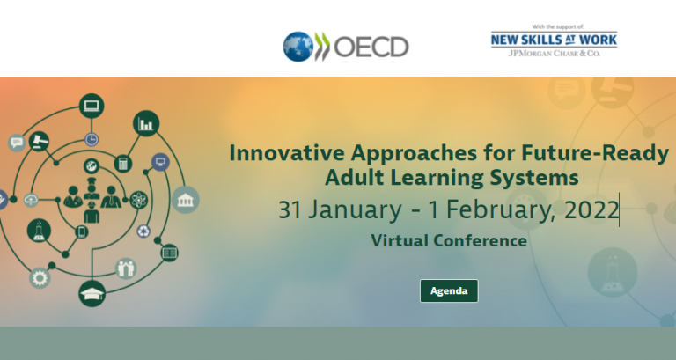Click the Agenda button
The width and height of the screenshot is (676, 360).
coord(449,291)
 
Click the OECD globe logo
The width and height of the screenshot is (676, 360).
coord(298,47)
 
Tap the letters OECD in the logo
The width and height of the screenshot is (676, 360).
coord(371,47)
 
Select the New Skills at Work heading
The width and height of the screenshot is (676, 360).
coord(554,40)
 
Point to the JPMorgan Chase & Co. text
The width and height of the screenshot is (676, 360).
coord(554,54)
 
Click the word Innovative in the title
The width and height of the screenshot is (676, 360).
coord(287,153)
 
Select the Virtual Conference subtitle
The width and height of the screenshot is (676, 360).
coord(449,240)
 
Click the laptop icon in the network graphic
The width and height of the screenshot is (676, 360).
coord(92,106)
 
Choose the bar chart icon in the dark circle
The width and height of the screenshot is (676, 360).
coord(146,124)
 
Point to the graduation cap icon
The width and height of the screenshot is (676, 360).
coord(92,294)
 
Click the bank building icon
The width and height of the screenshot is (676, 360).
coord(186,200)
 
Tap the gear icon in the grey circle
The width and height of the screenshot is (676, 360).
coord(40,278)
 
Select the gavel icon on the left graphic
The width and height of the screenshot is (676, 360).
coord(39,141)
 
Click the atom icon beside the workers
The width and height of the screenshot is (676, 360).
coord(139,200)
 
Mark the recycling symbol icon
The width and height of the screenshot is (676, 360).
coord(143,231)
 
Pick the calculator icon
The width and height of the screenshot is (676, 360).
coord(123,164)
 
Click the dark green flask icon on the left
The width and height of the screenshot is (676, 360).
coord(39,231)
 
